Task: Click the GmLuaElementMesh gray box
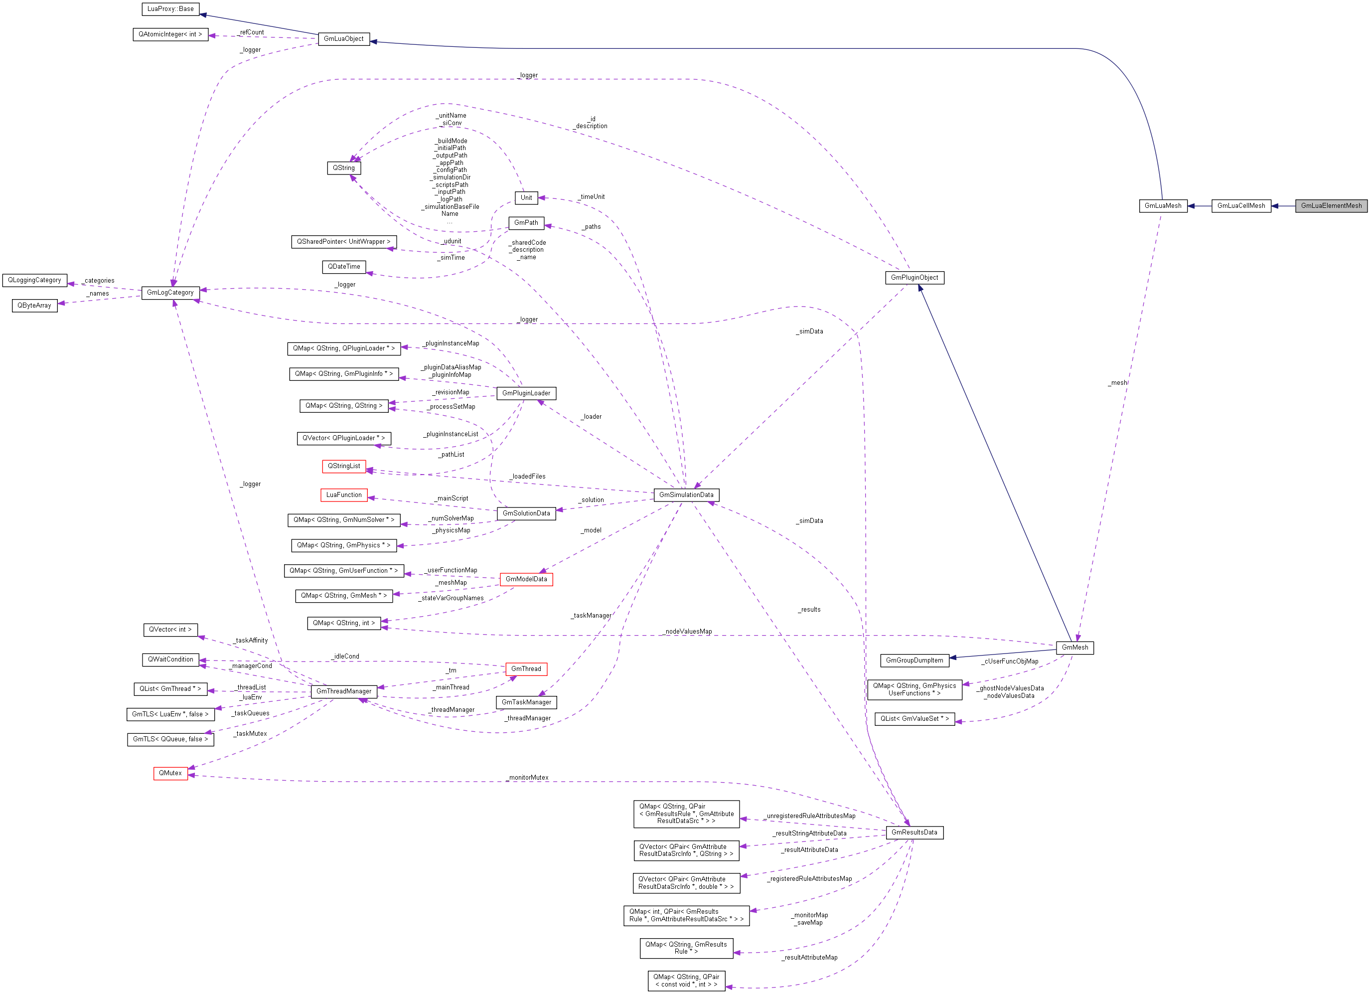click(1331, 206)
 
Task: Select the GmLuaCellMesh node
click(1241, 206)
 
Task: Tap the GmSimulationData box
click(686, 495)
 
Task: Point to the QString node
click(344, 168)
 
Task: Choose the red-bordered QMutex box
click(170, 774)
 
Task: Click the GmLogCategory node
click(170, 293)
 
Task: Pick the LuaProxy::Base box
click(170, 9)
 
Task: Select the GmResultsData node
click(914, 832)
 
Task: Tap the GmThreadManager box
click(344, 691)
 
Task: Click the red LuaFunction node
click(344, 495)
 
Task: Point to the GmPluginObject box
click(914, 278)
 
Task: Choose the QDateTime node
click(344, 267)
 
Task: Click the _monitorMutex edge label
click(527, 778)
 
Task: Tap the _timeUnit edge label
click(592, 197)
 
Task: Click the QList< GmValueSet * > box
click(914, 719)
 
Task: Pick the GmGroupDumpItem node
click(914, 661)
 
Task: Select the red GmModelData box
click(526, 579)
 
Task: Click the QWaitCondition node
click(170, 660)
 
